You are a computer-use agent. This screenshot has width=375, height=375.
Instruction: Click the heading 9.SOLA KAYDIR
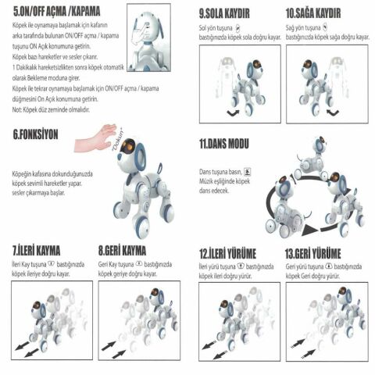tap(234, 13)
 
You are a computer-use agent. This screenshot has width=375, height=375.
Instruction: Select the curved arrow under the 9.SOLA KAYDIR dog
tap(233, 113)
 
